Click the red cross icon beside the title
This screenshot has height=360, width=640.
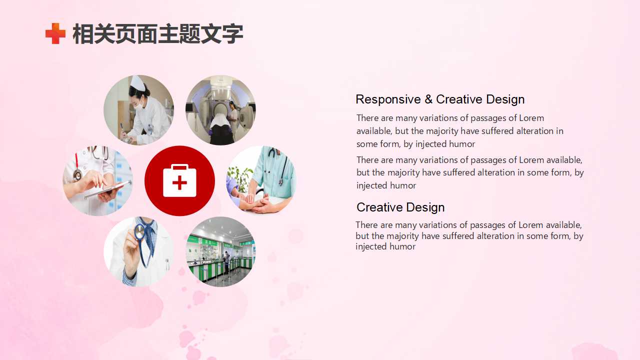55,33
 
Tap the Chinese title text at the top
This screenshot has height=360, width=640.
157,33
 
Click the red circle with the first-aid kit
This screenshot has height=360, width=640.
179,180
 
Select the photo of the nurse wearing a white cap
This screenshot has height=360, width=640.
138,110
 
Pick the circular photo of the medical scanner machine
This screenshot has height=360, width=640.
220,110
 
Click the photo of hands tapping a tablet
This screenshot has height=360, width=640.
97,180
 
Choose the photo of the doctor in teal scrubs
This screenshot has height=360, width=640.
261,180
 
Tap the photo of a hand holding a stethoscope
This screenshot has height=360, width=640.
138,251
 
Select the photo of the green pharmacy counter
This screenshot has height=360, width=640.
220,251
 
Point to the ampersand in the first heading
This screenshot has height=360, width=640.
428,99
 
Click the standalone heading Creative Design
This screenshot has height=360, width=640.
400,207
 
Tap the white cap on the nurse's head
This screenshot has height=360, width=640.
137,83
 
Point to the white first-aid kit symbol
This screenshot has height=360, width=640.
179,180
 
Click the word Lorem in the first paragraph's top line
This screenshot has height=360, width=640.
531,118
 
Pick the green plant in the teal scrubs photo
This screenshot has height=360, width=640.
239,178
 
